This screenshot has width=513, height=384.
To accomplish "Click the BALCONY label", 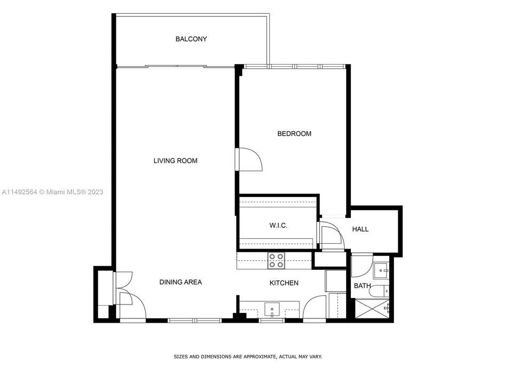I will [x=191, y=39].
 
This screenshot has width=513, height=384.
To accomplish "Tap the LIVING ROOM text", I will [x=175, y=161].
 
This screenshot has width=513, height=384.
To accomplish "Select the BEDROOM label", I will [x=294, y=134].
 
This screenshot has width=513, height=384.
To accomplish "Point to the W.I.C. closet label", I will [x=278, y=226].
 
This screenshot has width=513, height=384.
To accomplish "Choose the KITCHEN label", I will [x=284, y=283].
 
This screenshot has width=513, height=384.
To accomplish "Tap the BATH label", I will [x=362, y=286].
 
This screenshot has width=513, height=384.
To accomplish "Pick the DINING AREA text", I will [x=180, y=282].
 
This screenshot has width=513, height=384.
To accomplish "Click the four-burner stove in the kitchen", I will [x=276, y=260].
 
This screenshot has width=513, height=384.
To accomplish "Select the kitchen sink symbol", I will [x=272, y=309].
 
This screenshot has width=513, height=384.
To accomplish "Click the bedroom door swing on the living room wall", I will [x=250, y=159].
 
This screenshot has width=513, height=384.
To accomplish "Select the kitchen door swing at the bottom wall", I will [x=315, y=308].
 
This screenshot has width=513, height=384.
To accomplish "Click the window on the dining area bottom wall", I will [x=194, y=321].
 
